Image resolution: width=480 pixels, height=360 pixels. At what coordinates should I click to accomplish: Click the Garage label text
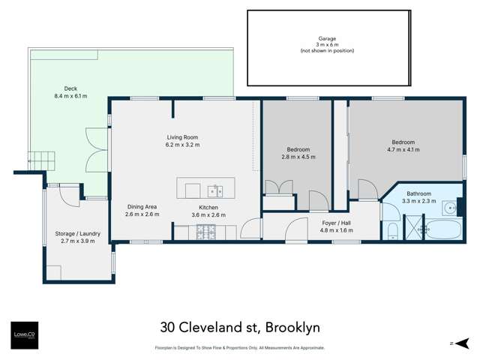326,37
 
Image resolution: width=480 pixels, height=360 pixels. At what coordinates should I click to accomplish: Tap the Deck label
70,88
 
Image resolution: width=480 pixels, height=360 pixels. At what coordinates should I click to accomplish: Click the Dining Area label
140,207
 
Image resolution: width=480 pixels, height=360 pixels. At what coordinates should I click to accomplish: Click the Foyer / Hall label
336,223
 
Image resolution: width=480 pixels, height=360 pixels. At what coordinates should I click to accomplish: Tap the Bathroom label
418,193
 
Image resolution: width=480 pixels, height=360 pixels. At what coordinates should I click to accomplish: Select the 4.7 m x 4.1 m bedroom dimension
403,149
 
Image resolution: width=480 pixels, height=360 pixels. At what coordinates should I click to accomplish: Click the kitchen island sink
214,187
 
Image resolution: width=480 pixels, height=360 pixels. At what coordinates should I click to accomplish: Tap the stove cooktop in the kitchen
205,233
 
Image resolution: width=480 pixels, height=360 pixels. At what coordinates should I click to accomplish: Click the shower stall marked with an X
414,228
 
